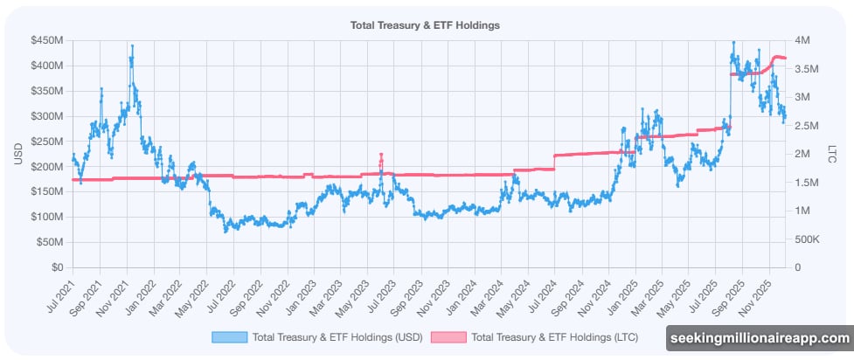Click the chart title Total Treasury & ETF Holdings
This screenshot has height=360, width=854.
pos(425,25)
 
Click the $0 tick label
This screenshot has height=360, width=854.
pos(59,267)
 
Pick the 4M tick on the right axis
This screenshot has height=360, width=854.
pos(801,40)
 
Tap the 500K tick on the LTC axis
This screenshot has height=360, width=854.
pos(807,239)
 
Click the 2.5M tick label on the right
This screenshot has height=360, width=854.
pos(804,126)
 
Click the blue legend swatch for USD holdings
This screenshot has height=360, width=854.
pos(229,336)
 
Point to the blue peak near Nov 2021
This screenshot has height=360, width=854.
pos(132,46)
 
